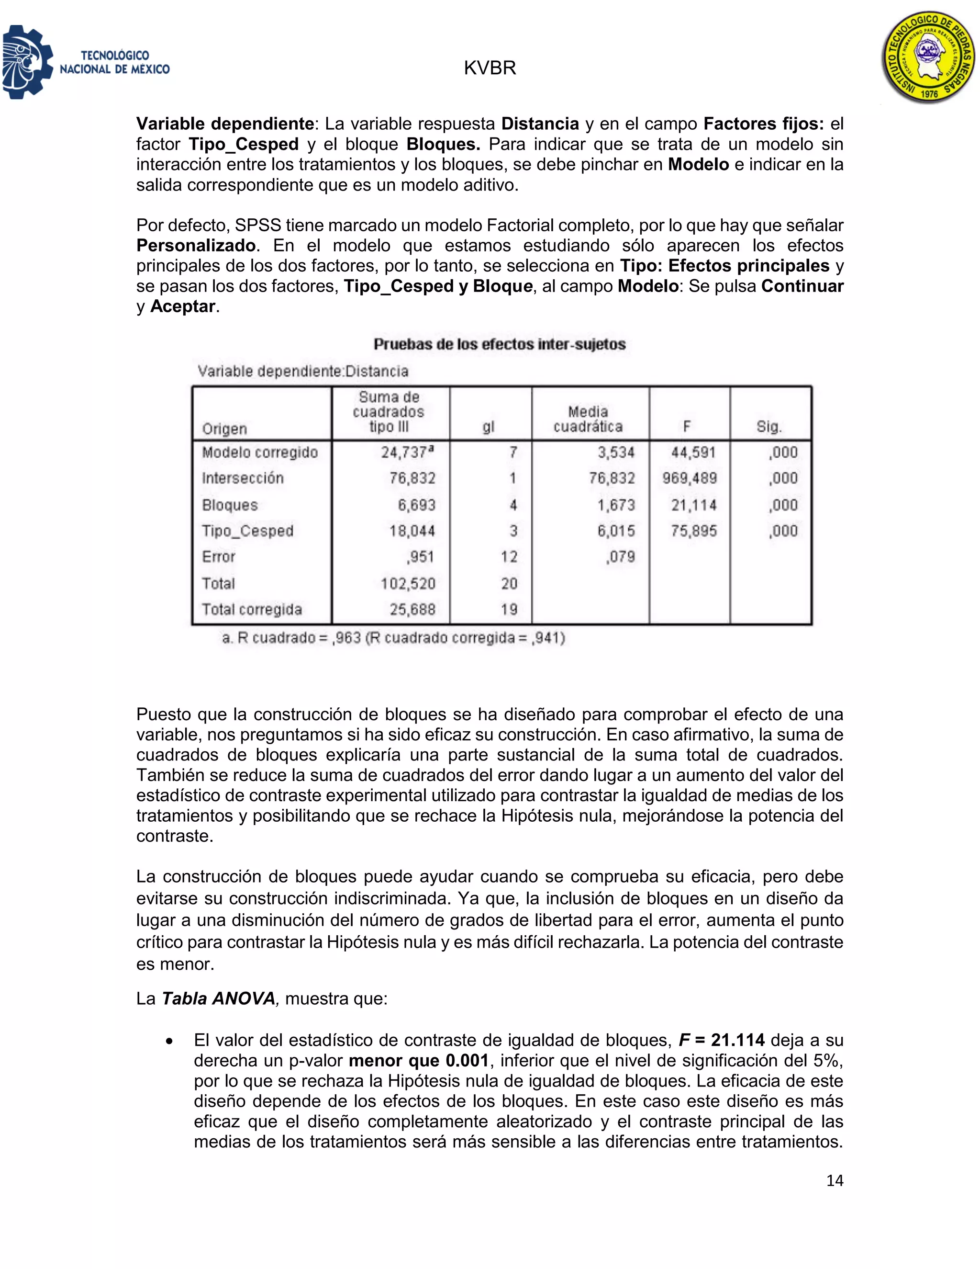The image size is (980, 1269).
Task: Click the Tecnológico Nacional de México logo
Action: click(86, 62)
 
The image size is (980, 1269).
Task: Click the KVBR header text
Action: click(490, 68)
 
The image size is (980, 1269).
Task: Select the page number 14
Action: click(834, 1180)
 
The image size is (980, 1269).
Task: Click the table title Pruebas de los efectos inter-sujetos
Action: click(499, 345)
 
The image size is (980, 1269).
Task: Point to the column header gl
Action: click(488, 427)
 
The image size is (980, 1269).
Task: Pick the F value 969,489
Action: click(689, 478)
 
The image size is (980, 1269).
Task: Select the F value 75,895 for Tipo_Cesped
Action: click(693, 531)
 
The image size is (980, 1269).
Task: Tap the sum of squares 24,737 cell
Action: click(406, 453)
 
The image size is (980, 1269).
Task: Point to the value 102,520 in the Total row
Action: click(408, 583)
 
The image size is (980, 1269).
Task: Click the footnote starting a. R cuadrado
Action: click(393, 638)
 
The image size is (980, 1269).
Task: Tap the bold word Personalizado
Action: click(196, 246)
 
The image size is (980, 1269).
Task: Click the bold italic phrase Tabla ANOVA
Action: click(218, 998)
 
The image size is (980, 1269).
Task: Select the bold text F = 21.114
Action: click(721, 1040)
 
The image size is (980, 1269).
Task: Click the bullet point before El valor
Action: click(169, 1041)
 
